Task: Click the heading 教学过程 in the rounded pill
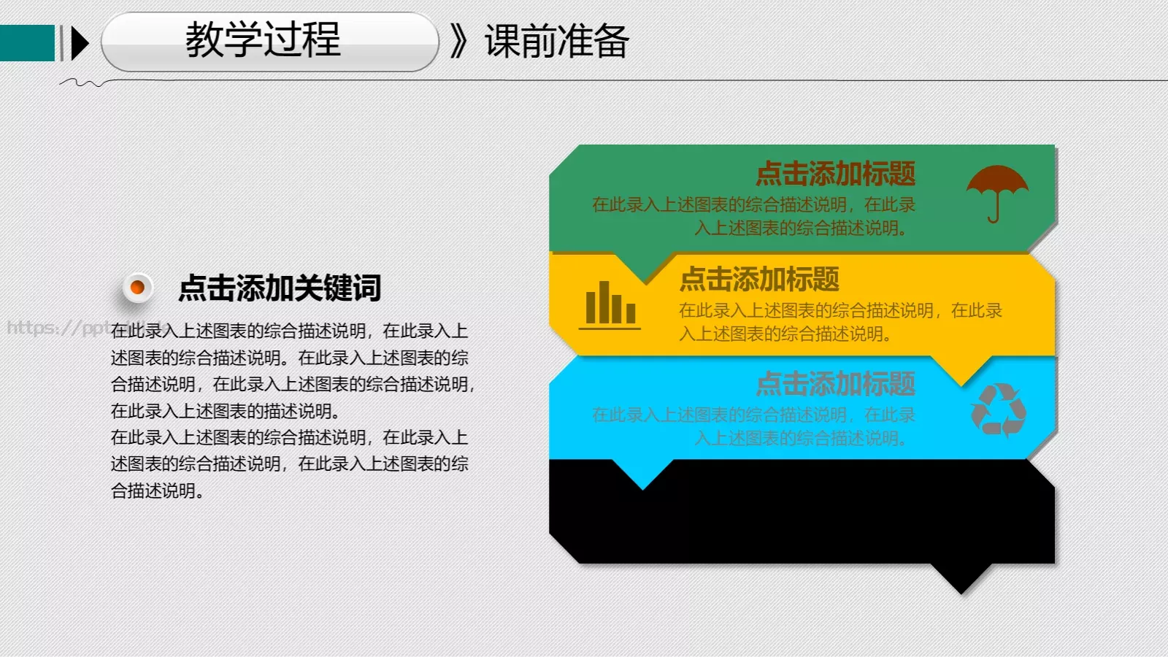coord(263,39)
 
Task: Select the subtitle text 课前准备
coord(556,41)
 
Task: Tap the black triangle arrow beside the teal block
coord(80,43)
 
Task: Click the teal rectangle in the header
coord(27,43)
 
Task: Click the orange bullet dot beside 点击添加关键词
coord(137,288)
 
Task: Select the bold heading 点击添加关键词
coord(280,288)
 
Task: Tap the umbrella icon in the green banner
coord(996,192)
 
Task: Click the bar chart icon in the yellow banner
coord(610,304)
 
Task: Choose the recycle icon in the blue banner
coord(998,410)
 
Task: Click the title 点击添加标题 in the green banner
coord(835,174)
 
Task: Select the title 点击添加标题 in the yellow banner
coord(759,279)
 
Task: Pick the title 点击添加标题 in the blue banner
coord(835,384)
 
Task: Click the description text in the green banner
coord(753,216)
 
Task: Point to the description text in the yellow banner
coord(839,322)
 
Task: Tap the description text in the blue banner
coord(753,426)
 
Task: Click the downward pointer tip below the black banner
coord(961,588)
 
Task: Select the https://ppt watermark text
coord(58,327)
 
